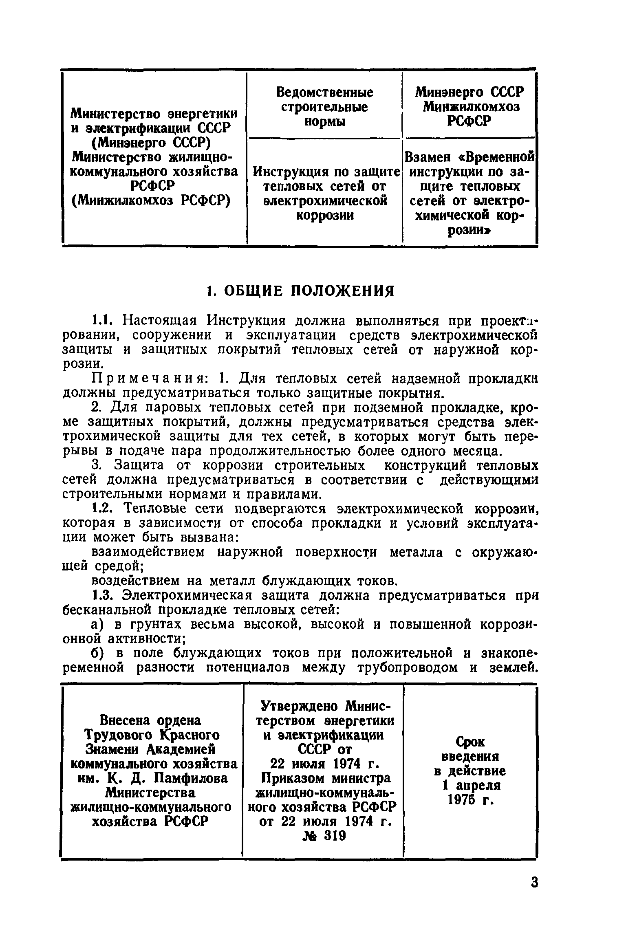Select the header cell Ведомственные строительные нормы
324,107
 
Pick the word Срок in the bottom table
470,742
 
